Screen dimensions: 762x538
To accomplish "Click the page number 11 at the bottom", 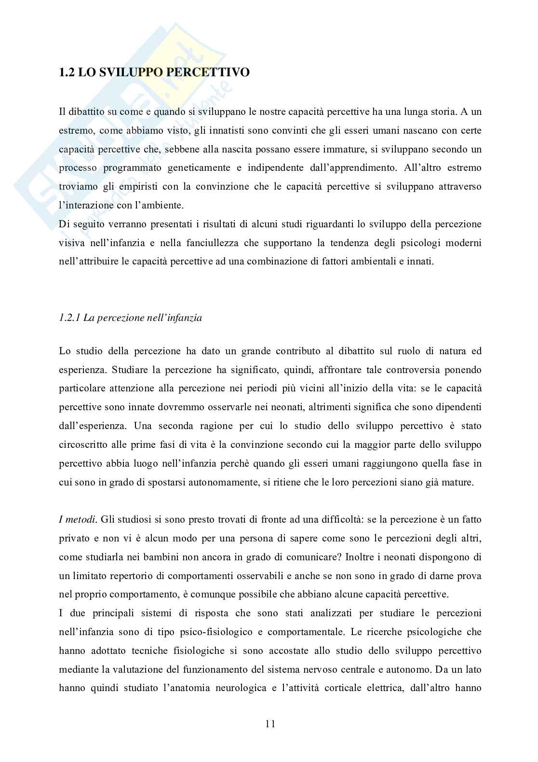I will (x=270, y=724).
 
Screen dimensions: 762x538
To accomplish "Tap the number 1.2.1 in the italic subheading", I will (x=69, y=318).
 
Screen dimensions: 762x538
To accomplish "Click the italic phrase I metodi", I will (x=77, y=520).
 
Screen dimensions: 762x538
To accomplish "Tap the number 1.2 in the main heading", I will (x=67, y=73).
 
